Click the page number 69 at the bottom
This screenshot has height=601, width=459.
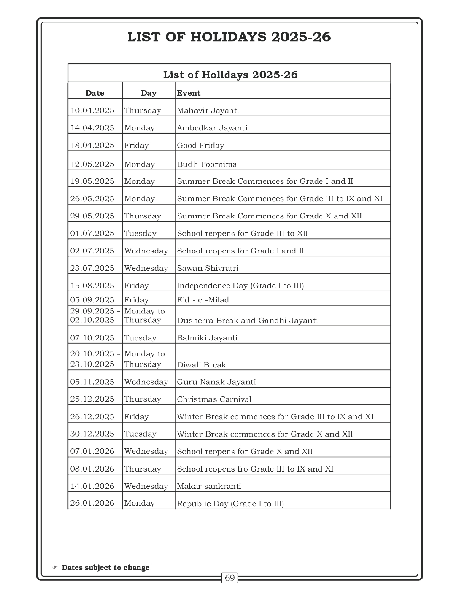[229, 578]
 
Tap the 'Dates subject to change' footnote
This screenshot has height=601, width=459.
[105, 568]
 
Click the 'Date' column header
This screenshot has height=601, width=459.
[95, 93]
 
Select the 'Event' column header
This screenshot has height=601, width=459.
[189, 93]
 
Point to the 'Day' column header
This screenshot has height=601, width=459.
[148, 93]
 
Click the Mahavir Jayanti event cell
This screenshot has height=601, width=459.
[208, 110]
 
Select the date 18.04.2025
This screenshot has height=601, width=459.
[92, 145]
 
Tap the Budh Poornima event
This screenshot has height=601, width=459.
[207, 164]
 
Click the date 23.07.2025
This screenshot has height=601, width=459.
[92, 268]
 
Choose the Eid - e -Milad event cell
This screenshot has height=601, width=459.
[203, 300]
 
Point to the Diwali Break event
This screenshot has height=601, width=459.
[202, 365]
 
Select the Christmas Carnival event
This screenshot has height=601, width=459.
[214, 399]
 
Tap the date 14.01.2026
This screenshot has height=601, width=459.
[92, 486]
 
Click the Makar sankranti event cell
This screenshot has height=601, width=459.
[209, 486]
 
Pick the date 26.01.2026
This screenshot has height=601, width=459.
[92, 503]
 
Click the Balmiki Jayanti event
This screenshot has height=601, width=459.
[207, 338]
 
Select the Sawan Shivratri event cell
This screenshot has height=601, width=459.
[208, 268]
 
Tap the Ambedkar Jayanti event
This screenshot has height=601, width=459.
[212, 128]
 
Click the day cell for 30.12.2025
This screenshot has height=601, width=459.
[140, 434]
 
